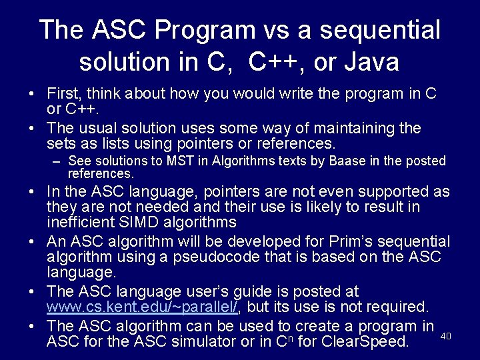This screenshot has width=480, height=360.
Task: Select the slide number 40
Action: (446, 336)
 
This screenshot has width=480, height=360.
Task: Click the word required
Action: (400, 307)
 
